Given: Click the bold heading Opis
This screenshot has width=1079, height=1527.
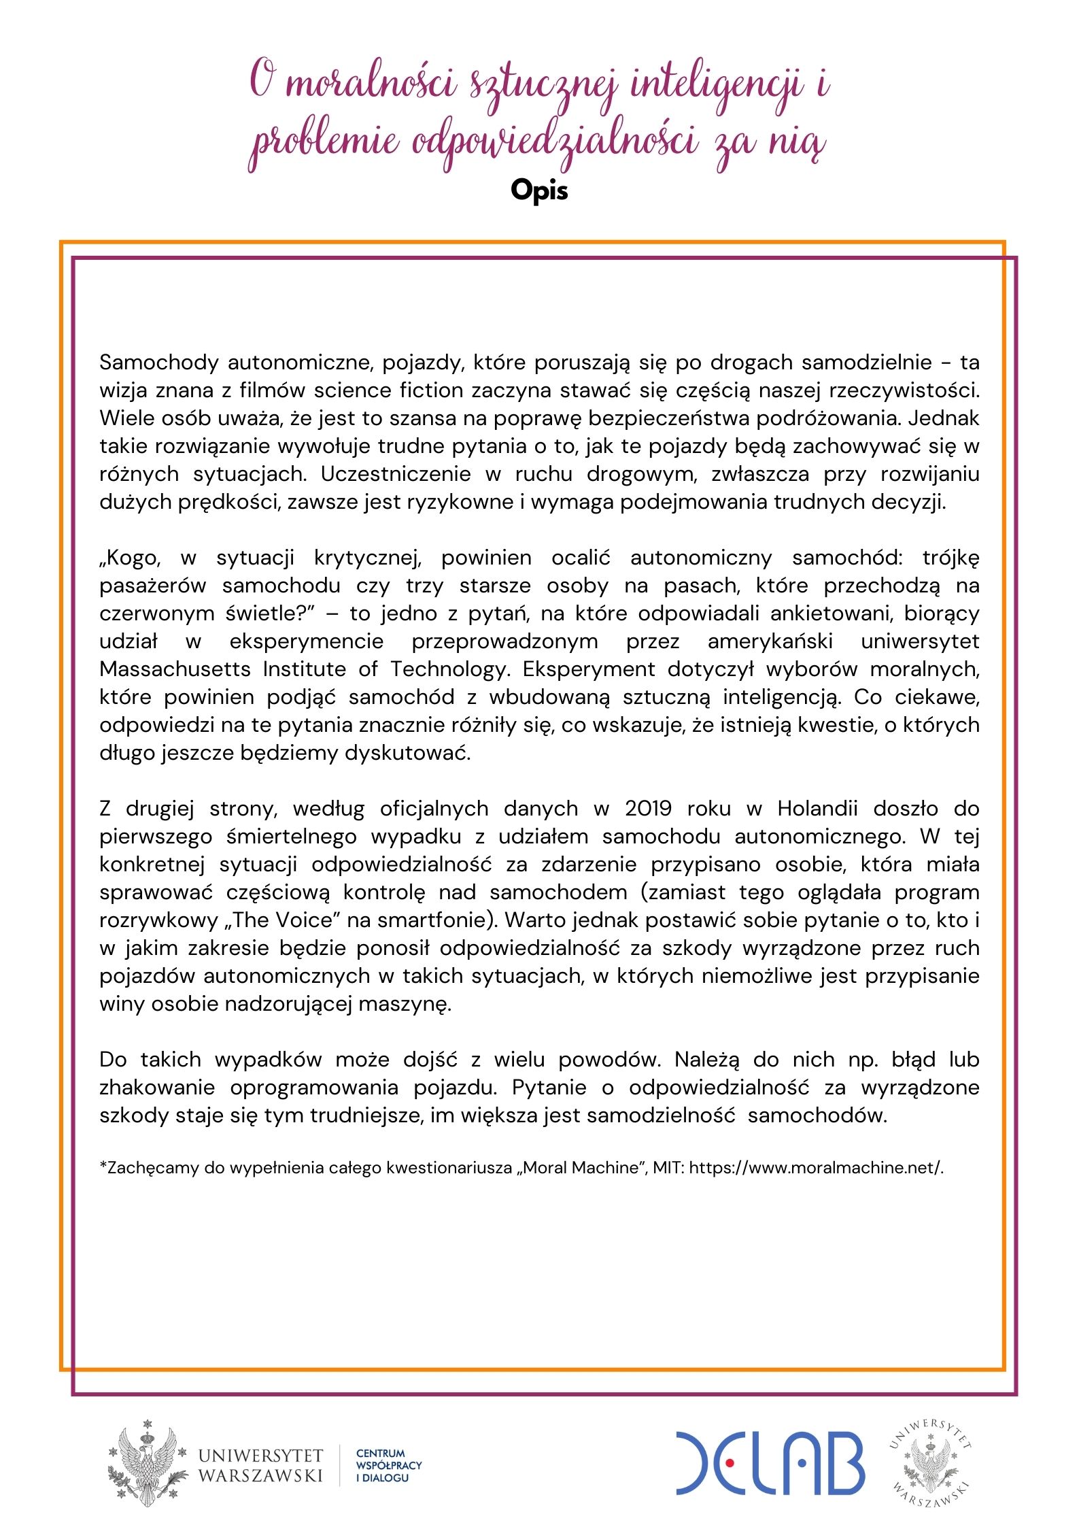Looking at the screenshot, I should click(x=538, y=190).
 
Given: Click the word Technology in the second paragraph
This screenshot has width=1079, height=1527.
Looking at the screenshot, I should click(x=449, y=669).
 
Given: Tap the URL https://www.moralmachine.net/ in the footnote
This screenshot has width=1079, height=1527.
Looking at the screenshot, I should click(x=815, y=1168).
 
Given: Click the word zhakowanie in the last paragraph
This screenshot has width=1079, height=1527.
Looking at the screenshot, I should click(x=157, y=1088).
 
